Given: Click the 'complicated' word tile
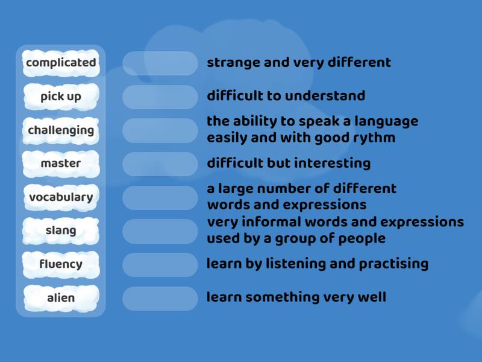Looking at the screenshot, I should click(x=61, y=63).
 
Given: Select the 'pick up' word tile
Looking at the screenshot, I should click(x=61, y=97).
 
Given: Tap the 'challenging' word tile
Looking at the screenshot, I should click(x=61, y=130).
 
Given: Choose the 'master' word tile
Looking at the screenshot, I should click(x=61, y=164).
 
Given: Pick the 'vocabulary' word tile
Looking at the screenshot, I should click(x=61, y=197).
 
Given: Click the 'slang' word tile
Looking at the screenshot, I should click(x=61, y=230).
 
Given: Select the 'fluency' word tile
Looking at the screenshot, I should click(x=61, y=264).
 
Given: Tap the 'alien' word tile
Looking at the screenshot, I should click(x=61, y=297).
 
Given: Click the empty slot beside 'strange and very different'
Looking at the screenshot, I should click(x=160, y=63).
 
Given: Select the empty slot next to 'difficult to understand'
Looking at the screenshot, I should click(x=160, y=97).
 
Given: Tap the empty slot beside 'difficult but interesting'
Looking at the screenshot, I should click(x=160, y=164).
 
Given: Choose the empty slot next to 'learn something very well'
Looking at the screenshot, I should click(x=160, y=298).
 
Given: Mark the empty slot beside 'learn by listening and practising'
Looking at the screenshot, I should click(x=160, y=265).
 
